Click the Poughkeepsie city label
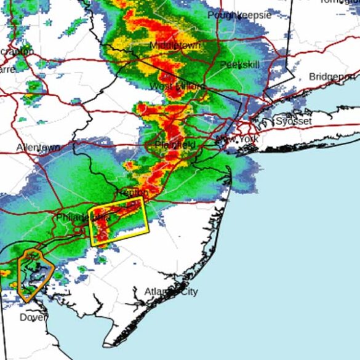(239, 15)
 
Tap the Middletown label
(176, 46)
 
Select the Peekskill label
(239, 65)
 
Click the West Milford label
(177, 87)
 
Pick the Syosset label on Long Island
(294, 121)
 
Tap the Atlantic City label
(171, 292)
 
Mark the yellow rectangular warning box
(120, 221)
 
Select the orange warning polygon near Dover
(34, 275)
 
